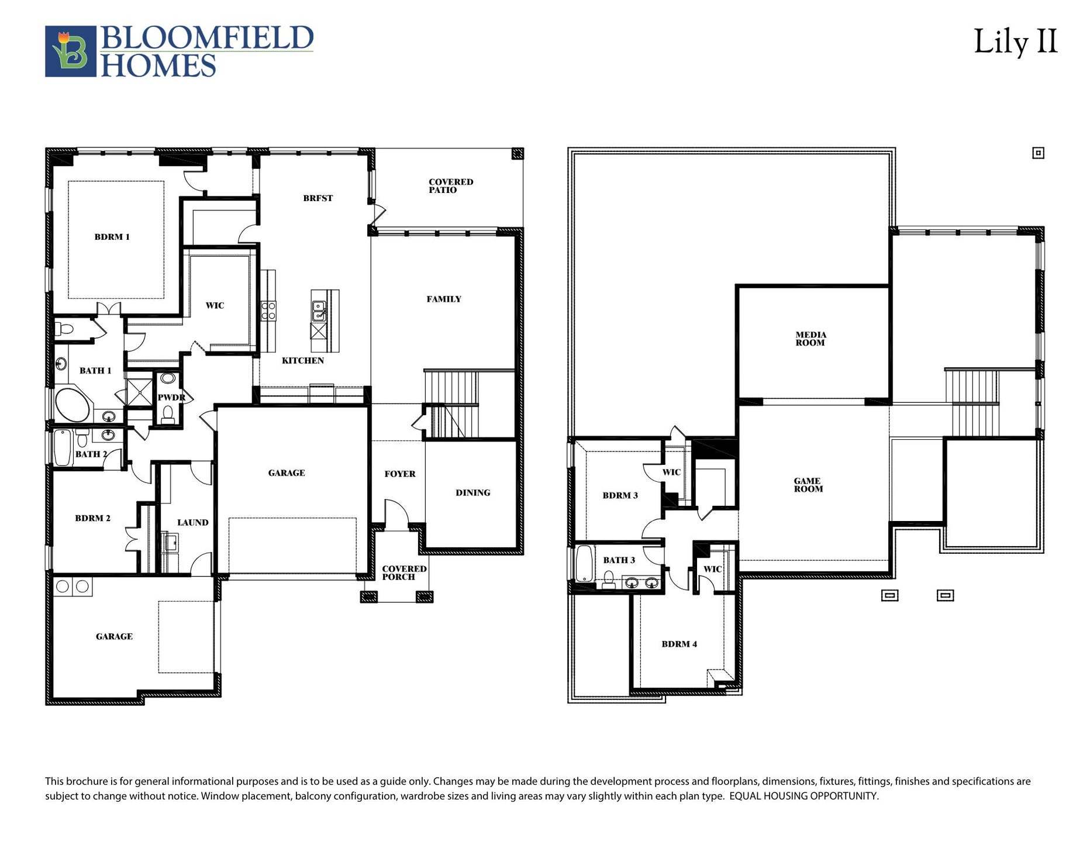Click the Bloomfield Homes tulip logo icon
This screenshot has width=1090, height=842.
tap(70, 51)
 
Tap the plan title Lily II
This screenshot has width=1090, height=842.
tap(1015, 42)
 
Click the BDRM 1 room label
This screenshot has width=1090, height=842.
tap(112, 237)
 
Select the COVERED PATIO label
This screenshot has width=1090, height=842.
tap(450, 186)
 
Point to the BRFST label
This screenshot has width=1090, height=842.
tap(318, 198)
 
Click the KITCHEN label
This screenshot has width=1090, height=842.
tap(302, 361)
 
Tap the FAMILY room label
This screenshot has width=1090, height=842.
tap(444, 299)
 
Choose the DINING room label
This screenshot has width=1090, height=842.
tap(472, 493)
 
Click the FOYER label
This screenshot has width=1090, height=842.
tap(399, 474)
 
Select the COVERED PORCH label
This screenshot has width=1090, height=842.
tap(403, 572)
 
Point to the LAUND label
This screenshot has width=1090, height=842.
tap(192, 523)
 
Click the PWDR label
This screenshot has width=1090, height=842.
tap(171, 398)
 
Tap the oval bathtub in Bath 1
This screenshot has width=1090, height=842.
tap(72, 404)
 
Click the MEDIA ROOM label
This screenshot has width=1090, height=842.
tap(810, 339)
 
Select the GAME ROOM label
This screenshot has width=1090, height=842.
tap(808, 485)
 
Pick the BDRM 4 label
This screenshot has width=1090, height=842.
tap(679, 644)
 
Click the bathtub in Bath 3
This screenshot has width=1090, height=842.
tap(584, 563)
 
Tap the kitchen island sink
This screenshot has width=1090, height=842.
tap(319, 311)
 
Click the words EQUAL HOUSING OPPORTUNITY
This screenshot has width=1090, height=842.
tap(803, 796)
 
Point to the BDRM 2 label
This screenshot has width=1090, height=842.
tap(92, 518)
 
